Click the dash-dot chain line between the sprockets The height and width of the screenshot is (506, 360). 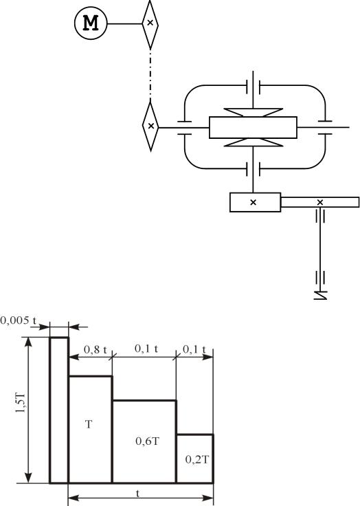[150, 75]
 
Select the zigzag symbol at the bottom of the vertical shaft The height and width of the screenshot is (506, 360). [320, 295]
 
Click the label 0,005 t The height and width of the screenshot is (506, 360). [18, 320]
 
